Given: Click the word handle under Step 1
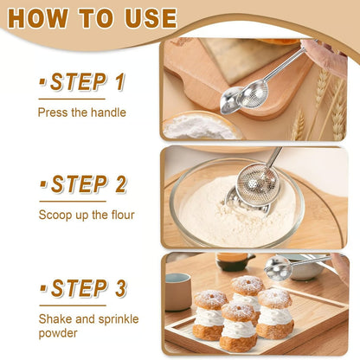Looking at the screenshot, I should [106, 112].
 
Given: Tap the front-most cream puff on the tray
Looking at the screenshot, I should [239, 325].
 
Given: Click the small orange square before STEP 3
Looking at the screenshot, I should [42, 287].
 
